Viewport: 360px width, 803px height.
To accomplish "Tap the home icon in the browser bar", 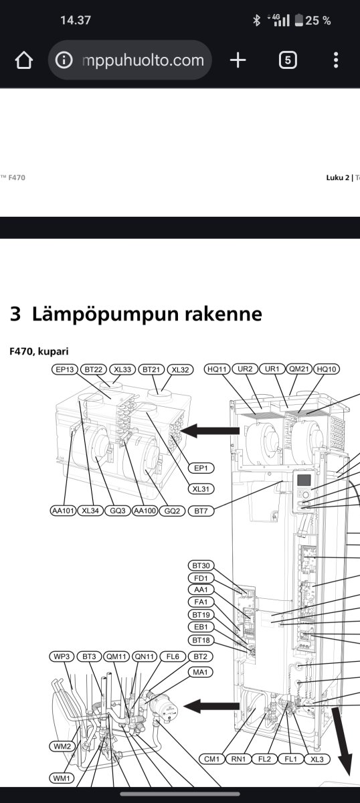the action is pos(24,60).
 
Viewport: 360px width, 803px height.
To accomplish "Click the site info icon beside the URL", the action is pos(64,60).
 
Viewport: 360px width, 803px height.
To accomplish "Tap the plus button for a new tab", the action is pos(238,60).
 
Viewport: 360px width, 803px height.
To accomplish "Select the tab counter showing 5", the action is pos(288,60).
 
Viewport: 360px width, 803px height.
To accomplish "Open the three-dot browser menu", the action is pos(336,60).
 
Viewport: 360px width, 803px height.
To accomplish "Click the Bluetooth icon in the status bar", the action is pos(256,21).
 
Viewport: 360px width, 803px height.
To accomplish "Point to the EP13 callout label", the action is pos(64,369).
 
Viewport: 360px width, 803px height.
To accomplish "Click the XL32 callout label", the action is pos(180,369).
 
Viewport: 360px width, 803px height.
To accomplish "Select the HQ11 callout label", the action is pos(217,369).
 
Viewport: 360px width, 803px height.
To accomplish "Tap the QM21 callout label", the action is pos(298,369).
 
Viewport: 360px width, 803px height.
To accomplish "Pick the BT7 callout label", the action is pos(201,511).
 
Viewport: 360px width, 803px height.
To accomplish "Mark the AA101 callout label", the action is pos(63,511).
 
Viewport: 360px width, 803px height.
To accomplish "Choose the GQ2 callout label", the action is pos(172,511).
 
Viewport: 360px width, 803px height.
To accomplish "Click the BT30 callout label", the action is pos(201,575).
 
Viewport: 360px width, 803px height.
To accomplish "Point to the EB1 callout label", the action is pos(201,627).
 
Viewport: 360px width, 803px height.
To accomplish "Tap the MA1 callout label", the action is pos(201,672).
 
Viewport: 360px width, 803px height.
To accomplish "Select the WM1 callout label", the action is pos(62,778).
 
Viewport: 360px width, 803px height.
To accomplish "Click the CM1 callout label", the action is pos(211,759).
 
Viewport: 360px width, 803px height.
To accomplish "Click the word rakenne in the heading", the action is pos(223,314).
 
